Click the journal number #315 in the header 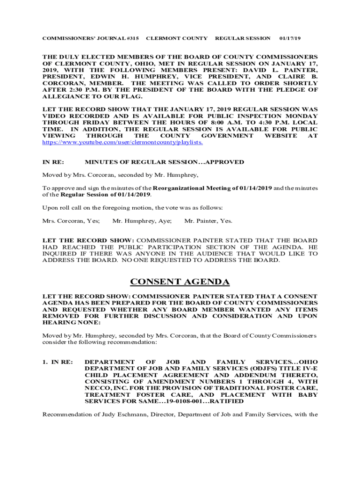click(x=132, y=38)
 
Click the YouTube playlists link click(x=122, y=142)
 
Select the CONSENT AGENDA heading click(x=180, y=282)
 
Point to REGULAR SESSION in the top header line click(x=243, y=38)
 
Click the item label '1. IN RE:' click(x=58, y=362)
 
